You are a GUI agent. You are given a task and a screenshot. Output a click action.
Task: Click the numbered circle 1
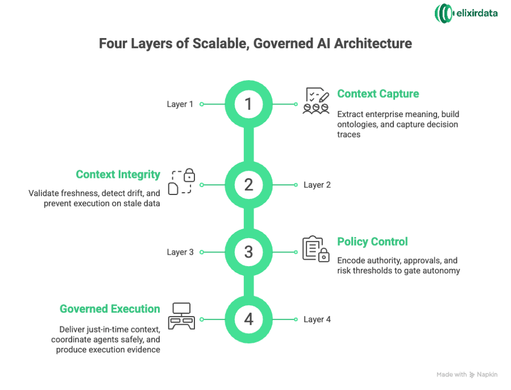tap(248, 104)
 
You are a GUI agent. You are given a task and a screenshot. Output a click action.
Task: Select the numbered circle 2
tap(248, 185)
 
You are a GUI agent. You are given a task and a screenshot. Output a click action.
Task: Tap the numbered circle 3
tap(248, 252)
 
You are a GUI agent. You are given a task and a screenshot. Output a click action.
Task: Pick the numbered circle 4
tap(248, 320)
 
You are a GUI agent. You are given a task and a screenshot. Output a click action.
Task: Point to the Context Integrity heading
tap(118, 175)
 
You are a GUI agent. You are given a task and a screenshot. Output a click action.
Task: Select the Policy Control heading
tap(372, 242)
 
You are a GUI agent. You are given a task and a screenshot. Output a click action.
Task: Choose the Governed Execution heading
tap(110, 309)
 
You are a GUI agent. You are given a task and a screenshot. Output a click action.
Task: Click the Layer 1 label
tap(180, 104)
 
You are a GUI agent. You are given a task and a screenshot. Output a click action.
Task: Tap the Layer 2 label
tap(317, 185)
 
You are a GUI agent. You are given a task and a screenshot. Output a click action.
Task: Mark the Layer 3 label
tap(180, 252)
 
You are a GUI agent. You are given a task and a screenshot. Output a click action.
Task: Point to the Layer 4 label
tap(317, 320)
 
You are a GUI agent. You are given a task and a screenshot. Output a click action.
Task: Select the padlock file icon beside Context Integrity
tap(181, 181)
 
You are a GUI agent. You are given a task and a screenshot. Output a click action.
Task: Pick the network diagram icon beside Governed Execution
tap(181, 316)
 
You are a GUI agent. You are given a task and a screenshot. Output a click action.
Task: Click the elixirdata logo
tap(466, 13)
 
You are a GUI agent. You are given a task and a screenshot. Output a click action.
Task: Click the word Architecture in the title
tap(377, 44)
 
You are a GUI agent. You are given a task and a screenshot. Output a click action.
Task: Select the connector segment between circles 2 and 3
tap(248, 218)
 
